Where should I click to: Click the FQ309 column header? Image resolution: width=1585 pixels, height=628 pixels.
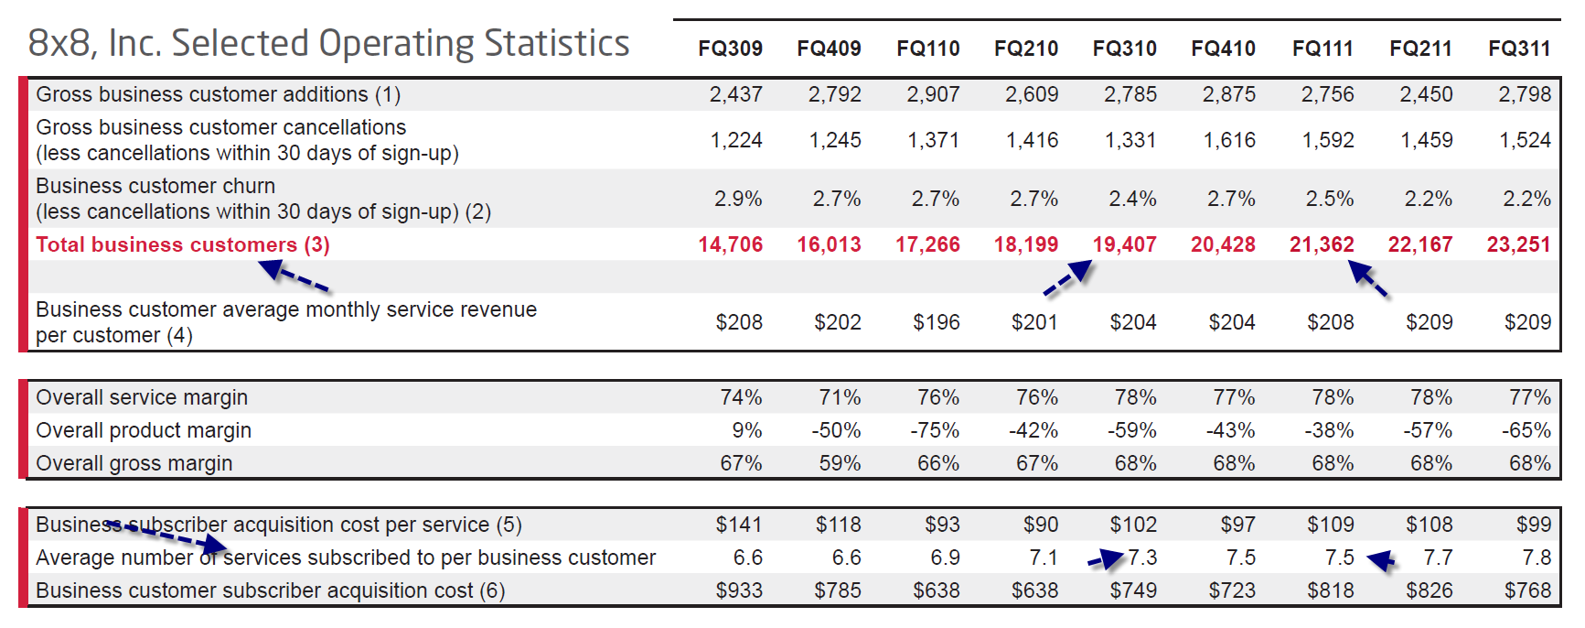pos(730,49)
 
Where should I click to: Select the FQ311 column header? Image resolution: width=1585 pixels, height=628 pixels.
pos(1519,49)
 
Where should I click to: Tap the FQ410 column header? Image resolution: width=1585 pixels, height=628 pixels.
pos(1223,49)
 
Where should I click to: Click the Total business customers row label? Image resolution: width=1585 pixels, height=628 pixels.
pos(183,244)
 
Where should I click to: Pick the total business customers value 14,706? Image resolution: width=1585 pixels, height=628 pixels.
pos(730,244)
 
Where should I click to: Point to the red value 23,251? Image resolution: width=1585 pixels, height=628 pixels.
pos(1518,244)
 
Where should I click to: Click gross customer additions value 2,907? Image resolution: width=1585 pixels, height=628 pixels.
pos(933,94)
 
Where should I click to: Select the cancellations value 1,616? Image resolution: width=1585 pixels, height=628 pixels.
pos(1229,140)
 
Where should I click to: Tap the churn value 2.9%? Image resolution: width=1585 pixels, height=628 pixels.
pos(738,199)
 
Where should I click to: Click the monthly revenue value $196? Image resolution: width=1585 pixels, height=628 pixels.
pos(936,322)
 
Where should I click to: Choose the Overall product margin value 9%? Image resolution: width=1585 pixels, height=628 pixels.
pos(746,430)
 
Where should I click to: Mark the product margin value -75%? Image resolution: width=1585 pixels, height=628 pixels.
pos(934,430)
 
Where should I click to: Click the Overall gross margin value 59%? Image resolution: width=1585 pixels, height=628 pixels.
pos(840,463)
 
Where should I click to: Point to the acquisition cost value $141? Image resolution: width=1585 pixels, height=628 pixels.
pos(738,525)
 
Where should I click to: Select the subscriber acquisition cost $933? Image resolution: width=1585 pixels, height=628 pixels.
pos(738,590)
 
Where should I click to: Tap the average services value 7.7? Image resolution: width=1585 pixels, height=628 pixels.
pos(1438,558)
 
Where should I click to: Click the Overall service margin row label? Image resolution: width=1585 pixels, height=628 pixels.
pos(142,397)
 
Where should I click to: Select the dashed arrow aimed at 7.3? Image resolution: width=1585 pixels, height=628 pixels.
pos(1105,559)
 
